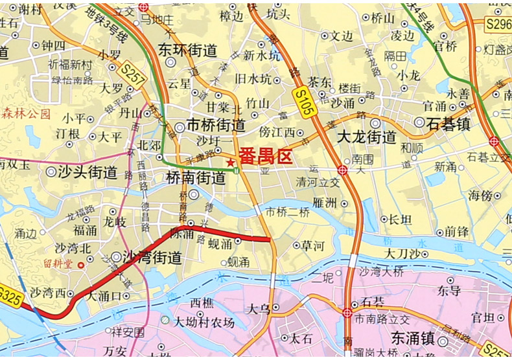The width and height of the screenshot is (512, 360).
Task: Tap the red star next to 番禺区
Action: tap(231, 161)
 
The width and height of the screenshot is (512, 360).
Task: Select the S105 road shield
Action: tap(303, 101)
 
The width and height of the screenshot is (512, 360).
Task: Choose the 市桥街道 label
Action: tap(215, 125)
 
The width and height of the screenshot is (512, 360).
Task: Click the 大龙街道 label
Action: tap(367, 137)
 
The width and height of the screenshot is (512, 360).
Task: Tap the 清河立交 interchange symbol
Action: tap(342, 170)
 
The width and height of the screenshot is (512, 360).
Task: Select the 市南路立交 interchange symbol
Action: tap(347, 313)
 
